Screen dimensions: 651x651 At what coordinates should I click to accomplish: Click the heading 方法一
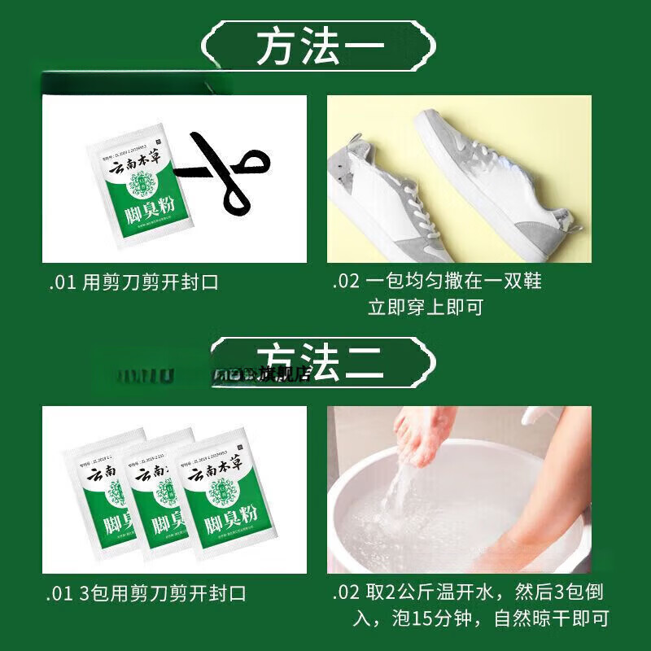[x=320, y=49]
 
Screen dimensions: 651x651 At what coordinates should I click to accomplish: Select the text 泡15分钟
[x=431, y=619]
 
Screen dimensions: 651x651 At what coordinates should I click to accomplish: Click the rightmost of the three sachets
[x=212, y=496]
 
